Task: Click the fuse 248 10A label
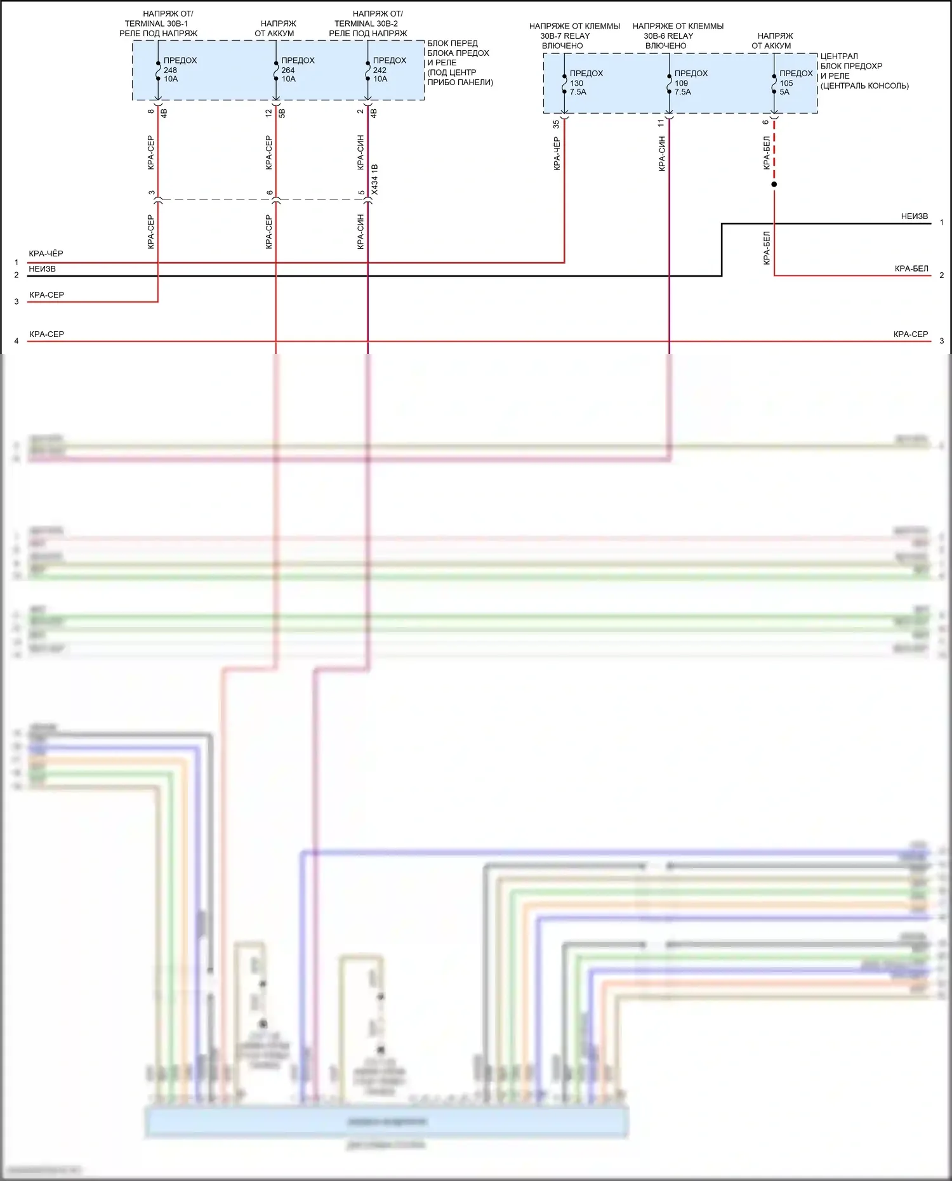(x=178, y=70)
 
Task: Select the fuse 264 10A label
(x=296, y=70)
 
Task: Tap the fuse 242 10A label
(x=388, y=70)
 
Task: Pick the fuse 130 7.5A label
(x=585, y=82)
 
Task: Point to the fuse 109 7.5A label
(x=690, y=82)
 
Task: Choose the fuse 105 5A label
(x=795, y=82)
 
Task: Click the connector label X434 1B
(x=374, y=179)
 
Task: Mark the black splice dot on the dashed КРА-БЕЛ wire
(x=774, y=185)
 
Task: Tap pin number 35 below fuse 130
(x=557, y=124)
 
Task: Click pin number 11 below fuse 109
(x=661, y=123)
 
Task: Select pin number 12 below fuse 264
(x=268, y=113)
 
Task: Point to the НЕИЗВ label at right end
(x=914, y=216)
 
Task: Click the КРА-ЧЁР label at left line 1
(x=46, y=254)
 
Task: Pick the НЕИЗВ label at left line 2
(x=42, y=269)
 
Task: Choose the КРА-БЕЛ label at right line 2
(x=911, y=269)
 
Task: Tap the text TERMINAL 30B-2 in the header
(x=366, y=23)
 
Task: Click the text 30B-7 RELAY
(x=565, y=36)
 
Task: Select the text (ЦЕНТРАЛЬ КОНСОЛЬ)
(x=864, y=86)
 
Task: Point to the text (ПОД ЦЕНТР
(x=451, y=72)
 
